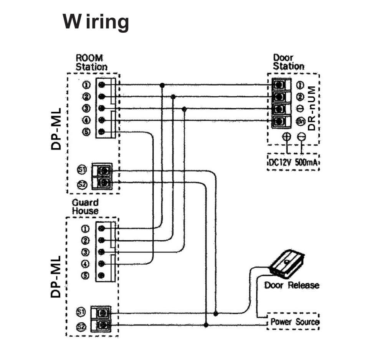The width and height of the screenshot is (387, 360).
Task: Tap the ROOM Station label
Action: coord(91,62)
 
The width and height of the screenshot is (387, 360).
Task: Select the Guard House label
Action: coord(85,207)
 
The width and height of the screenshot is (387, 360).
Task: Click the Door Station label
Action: coord(288,62)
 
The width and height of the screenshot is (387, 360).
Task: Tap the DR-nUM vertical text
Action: coord(311,109)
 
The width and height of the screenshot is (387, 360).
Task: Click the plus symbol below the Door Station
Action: coord(286,136)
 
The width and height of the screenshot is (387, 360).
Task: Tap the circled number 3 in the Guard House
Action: coord(85,252)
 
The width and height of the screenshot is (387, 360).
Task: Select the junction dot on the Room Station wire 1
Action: coord(162,85)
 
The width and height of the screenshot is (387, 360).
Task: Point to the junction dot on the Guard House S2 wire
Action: coord(206,325)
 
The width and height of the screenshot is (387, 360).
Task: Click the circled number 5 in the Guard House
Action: coord(85,275)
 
